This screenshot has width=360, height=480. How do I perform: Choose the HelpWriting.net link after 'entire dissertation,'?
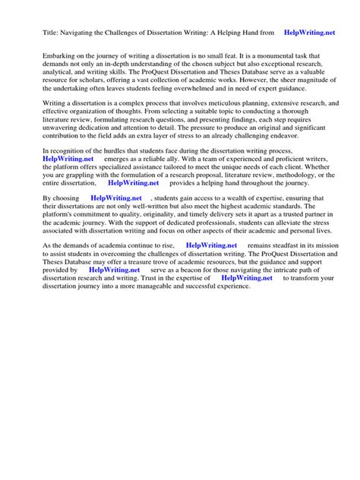[134, 182]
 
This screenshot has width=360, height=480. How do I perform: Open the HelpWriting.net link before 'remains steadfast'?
[211, 246]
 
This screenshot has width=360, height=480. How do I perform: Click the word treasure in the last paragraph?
[153, 266]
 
